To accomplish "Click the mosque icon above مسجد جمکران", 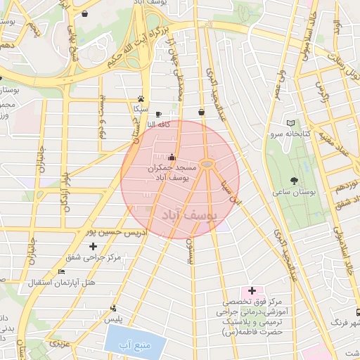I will point(173,157).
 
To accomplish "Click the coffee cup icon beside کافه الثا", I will point(158,114).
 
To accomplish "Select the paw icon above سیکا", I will point(141,98).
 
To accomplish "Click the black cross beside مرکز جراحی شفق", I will point(94,246).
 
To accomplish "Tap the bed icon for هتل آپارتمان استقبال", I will point(61,271).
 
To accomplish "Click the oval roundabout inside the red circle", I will point(206,164).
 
